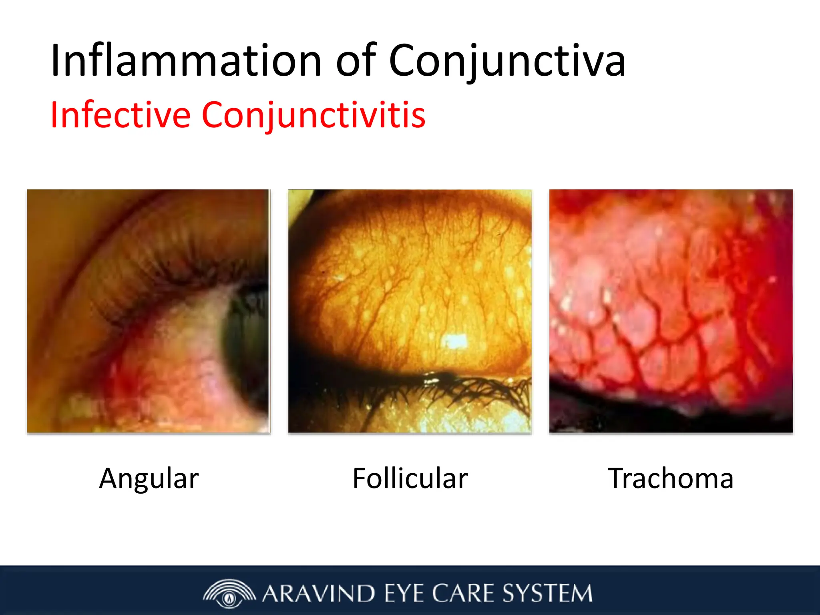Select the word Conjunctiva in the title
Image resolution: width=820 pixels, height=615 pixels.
507,61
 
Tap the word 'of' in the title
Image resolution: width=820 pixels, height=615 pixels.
356,61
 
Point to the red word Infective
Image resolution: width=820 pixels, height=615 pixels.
120,115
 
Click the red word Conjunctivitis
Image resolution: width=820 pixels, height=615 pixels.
314,115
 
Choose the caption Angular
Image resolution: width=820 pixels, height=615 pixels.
149,478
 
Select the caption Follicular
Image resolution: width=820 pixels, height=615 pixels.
410,478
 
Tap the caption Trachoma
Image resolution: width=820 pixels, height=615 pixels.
671,478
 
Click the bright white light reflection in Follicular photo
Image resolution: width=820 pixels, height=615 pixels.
454,341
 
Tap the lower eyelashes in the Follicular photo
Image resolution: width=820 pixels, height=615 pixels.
460,390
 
